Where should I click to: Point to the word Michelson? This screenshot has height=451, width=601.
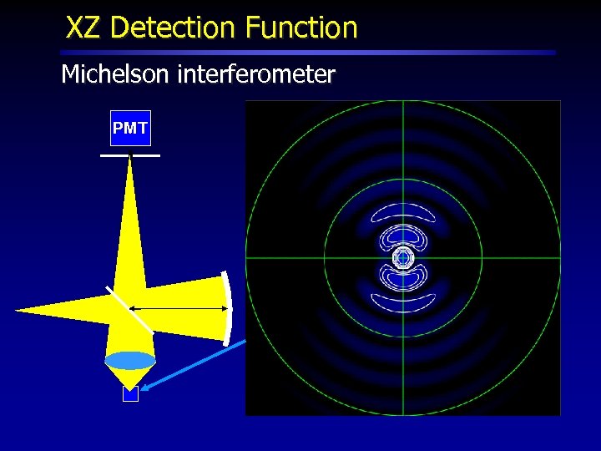tap(115, 74)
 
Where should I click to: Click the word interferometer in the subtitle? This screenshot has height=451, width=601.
tap(255, 74)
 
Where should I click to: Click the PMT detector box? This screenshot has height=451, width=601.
tap(130, 128)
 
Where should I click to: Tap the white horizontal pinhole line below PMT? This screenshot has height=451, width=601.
tap(130, 155)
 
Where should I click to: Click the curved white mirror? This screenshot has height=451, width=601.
tap(227, 307)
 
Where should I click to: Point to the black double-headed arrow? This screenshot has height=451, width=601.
tap(179, 308)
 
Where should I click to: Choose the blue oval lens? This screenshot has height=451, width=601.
tap(130, 361)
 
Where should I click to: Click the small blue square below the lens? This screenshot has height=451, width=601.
tap(130, 394)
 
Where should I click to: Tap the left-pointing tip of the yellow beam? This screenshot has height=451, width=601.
tap(18, 311)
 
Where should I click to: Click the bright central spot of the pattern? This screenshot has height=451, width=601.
tap(403, 258)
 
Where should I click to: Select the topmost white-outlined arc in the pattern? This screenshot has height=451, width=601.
tap(403, 212)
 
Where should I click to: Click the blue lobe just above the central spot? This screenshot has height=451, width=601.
tap(403, 237)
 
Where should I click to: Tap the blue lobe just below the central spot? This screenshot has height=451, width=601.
tap(403, 279)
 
